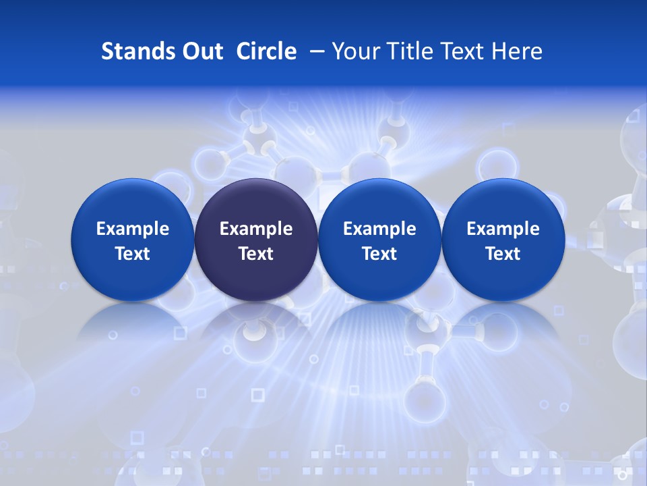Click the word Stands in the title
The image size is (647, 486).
pyautogui.click(x=137, y=51)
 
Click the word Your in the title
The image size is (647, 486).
pyautogui.click(x=354, y=51)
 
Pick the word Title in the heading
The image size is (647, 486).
pyautogui.click(x=406, y=51)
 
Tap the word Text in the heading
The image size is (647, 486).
pyautogui.click(x=462, y=51)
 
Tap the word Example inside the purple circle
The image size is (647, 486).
pyautogui.click(x=256, y=229)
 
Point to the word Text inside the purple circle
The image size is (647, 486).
pyautogui.click(x=256, y=254)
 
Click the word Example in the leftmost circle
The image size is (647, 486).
pyautogui.click(x=132, y=229)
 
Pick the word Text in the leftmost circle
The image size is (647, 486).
pyautogui.click(x=132, y=254)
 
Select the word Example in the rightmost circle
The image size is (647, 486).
pyautogui.click(x=503, y=229)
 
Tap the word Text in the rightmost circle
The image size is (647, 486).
pyautogui.click(x=503, y=254)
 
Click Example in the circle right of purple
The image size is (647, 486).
pyautogui.click(x=379, y=229)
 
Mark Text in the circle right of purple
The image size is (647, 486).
pyautogui.click(x=379, y=254)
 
